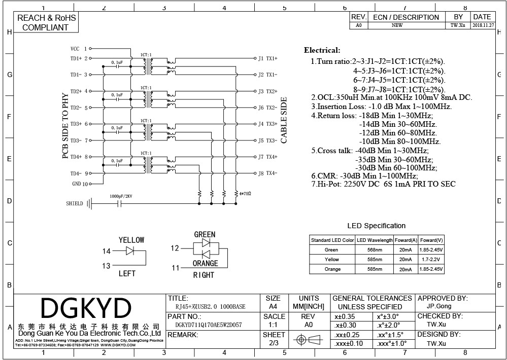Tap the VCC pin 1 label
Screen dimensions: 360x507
tap(79, 49)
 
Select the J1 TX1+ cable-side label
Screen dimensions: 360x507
tap(267, 58)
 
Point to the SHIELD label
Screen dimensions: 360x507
tap(75, 204)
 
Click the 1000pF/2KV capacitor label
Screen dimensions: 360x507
tap(121, 196)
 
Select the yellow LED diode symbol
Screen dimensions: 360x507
tap(130, 250)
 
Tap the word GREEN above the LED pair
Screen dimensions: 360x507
tap(205, 235)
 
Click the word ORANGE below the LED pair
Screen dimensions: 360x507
tap(205, 263)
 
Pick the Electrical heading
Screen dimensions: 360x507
tap(322, 50)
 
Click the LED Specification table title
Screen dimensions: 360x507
tap(376, 226)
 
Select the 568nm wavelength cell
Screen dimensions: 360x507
tap(375, 250)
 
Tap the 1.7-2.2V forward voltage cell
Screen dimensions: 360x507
tap(431, 260)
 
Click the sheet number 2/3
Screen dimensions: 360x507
tap(274, 343)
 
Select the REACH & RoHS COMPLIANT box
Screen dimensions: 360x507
tap(46, 22)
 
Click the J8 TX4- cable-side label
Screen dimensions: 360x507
tap(267, 173)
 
